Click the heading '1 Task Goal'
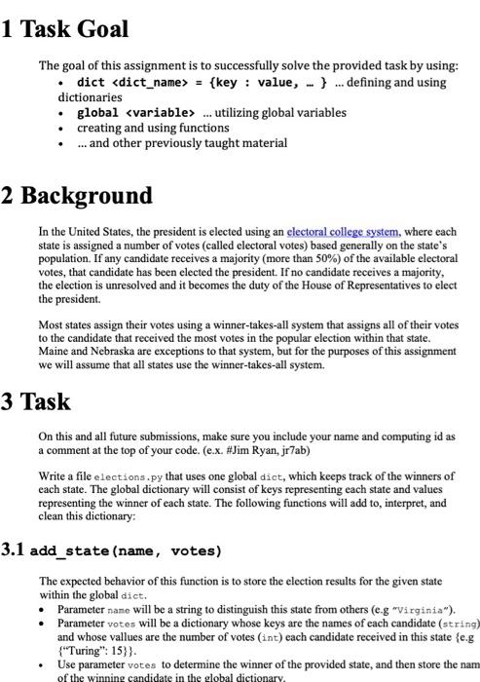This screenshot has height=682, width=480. [x=65, y=29]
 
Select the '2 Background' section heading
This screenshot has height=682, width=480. [x=77, y=195]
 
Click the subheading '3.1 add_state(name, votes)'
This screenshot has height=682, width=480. [x=112, y=550]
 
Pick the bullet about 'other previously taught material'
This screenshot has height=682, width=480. [x=188, y=143]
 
